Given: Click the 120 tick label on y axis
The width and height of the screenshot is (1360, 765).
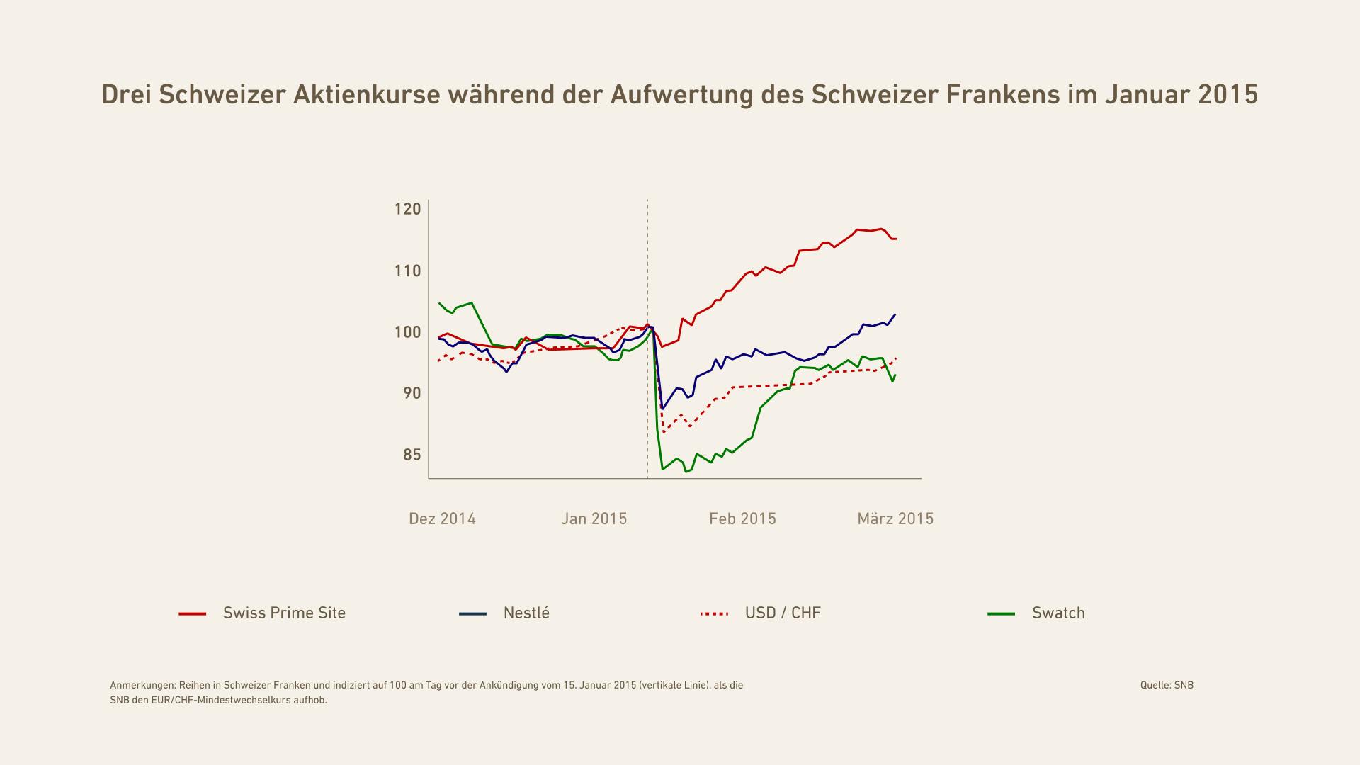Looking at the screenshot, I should (407, 209).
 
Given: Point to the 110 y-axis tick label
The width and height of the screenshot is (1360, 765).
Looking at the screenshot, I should (407, 271).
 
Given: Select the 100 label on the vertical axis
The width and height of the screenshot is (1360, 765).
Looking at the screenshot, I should (407, 332).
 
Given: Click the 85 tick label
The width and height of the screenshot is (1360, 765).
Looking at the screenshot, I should (412, 455).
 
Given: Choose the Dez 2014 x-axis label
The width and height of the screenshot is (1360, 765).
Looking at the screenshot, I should (442, 519).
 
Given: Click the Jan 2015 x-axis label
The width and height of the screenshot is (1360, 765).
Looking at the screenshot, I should (594, 519).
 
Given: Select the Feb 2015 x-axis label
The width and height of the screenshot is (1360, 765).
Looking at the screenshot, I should (742, 519).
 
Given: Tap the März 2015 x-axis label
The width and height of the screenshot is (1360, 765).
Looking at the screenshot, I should (895, 519).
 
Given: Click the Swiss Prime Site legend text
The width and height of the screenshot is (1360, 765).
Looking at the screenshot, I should (284, 613).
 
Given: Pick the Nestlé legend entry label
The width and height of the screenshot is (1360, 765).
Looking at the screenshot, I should (526, 613).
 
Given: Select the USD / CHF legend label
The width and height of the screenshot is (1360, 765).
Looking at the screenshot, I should (783, 613).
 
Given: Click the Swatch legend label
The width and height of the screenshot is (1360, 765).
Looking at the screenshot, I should (1058, 613).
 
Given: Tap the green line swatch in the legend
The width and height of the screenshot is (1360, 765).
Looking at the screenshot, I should (1001, 614).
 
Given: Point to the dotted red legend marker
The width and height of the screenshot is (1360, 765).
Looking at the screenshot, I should (713, 614).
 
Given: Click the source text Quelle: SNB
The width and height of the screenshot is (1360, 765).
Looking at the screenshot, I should (1166, 685).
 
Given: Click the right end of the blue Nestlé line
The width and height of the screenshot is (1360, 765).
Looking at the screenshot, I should (895, 314).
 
